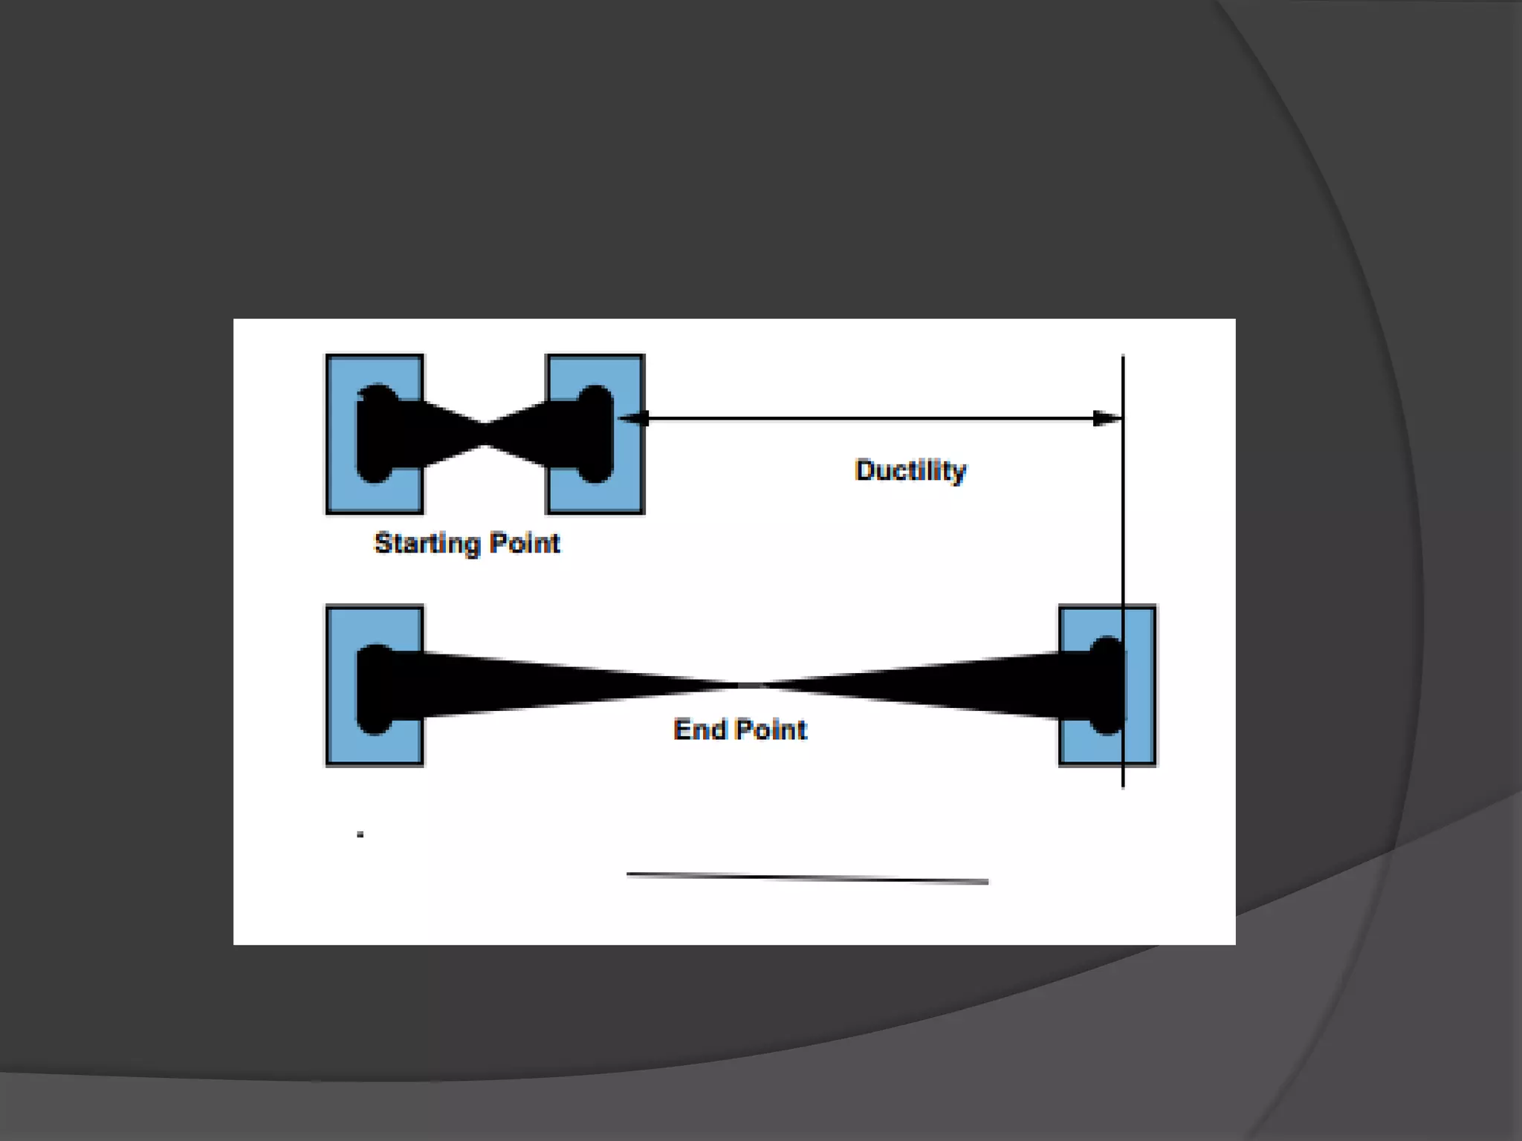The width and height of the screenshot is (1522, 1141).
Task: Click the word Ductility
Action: pyautogui.click(x=910, y=470)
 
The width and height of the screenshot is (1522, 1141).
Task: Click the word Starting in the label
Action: pyautogui.click(x=427, y=544)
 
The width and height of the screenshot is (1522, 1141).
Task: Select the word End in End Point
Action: pyautogui.click(x=699, y=729)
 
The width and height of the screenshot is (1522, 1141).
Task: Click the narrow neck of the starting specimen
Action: pyautogui.click(x=485, y=435)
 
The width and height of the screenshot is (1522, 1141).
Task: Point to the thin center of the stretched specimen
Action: pyautogui.click(x=743, y=685)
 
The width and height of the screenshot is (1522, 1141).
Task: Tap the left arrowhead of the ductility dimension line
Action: pyautogui.click(x=632, y=419)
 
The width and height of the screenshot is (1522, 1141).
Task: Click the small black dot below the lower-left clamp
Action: pyautogui.click(x=360, y=835)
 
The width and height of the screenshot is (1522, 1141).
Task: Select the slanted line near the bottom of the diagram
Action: pyautogui.click(x=807, y=878)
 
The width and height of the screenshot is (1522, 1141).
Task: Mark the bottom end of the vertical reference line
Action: pyautogui.click(x=1122, y=784)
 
